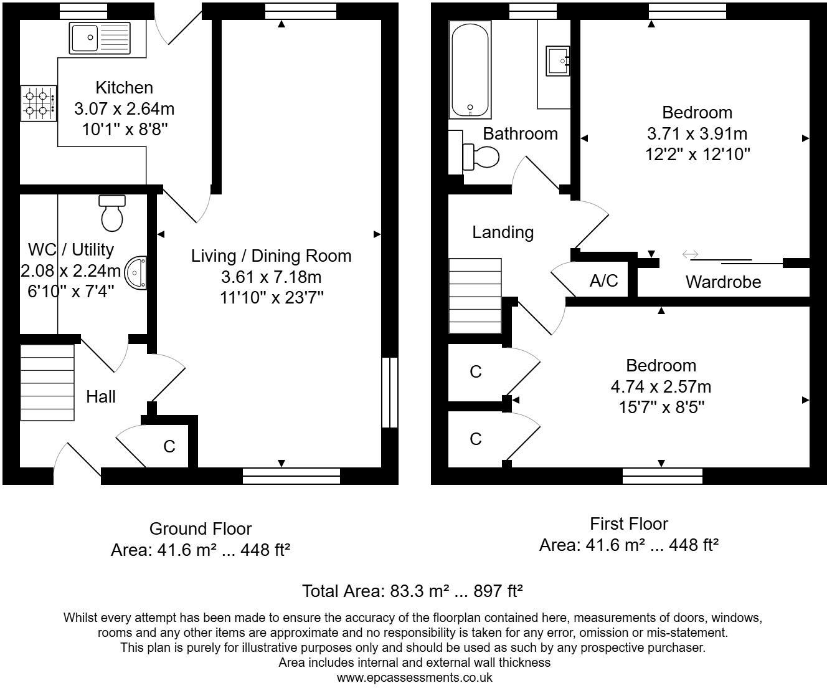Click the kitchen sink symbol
[100, 37]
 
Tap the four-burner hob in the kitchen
[39, 103]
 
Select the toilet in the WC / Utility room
[112, 213]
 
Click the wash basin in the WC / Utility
[136, 273]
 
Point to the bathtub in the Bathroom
[470, 70]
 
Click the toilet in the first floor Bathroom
[480, 156]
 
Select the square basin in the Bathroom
[558, 60]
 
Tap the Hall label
[101, 396]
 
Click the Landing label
[503, 232]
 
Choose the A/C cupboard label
[603, 280]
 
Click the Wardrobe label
[723, 282]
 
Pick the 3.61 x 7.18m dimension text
[271, 277]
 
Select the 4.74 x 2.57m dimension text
[661, 386]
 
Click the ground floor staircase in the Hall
[47, 381]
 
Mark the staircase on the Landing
[475, 296]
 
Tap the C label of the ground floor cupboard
[169, 446]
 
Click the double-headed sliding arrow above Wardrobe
[690, 254]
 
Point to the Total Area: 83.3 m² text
[412, 591]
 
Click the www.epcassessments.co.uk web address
[414, 677]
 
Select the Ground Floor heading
[201, 528]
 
